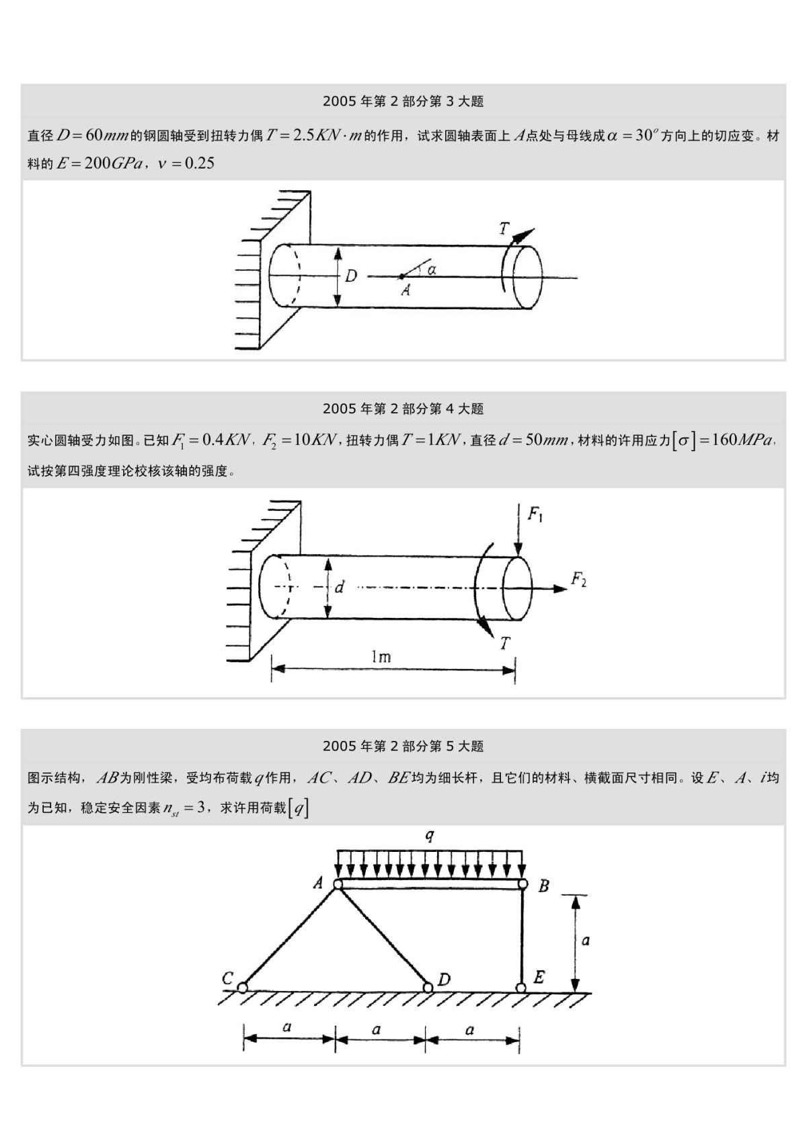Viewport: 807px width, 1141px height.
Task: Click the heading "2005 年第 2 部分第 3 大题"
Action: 403,102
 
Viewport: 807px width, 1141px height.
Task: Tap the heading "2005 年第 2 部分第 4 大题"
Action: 403,409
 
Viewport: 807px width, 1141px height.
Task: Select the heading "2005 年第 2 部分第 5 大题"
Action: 403,746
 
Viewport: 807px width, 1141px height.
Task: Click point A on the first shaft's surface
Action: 401,276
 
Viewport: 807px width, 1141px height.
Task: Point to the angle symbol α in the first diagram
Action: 432,269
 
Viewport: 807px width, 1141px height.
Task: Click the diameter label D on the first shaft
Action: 351,276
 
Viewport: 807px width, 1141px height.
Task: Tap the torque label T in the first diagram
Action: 504,229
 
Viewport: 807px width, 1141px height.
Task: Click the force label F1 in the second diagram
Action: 535,515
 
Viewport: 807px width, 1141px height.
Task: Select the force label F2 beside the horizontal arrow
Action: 578,579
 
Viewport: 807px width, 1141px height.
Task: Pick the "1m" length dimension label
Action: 381,656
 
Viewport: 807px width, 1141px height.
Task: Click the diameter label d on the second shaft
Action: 340,588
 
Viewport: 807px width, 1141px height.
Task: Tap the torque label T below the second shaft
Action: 504,643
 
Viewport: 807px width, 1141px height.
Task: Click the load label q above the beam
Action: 430,836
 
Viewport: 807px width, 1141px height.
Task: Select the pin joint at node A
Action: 338,884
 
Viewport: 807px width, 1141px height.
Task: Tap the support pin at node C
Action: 242,987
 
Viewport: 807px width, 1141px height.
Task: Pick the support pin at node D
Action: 428,987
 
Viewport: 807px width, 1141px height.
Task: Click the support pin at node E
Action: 521,987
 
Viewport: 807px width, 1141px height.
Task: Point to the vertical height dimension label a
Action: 585,941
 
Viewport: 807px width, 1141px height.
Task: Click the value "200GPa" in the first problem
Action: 112,163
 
